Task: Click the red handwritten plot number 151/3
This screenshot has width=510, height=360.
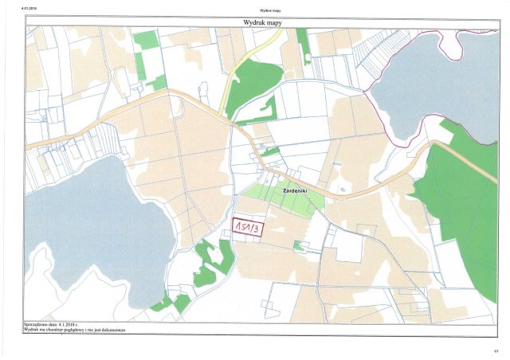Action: [x=246, y=229]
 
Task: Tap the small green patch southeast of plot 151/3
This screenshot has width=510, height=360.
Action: [x=298, y=245]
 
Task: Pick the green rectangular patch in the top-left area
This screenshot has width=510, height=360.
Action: [x=146, y=40]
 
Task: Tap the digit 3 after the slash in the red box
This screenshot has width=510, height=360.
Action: [x=256, y=229]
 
